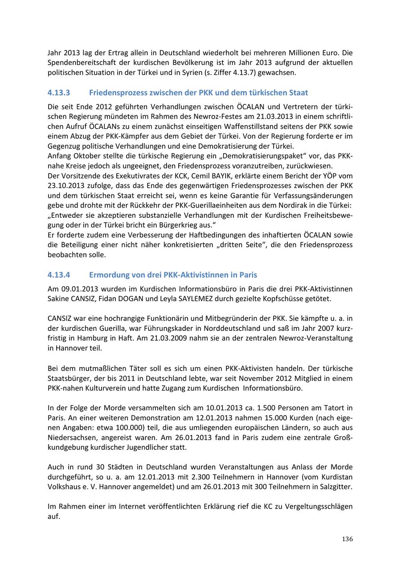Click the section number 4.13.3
pos(59,93)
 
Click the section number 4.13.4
pos(59,275)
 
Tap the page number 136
pos(348,539)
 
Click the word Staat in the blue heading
pos(297,93)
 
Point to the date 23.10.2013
pos(67,185)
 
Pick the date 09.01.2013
pos(78,289)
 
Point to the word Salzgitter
pos(336,486)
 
